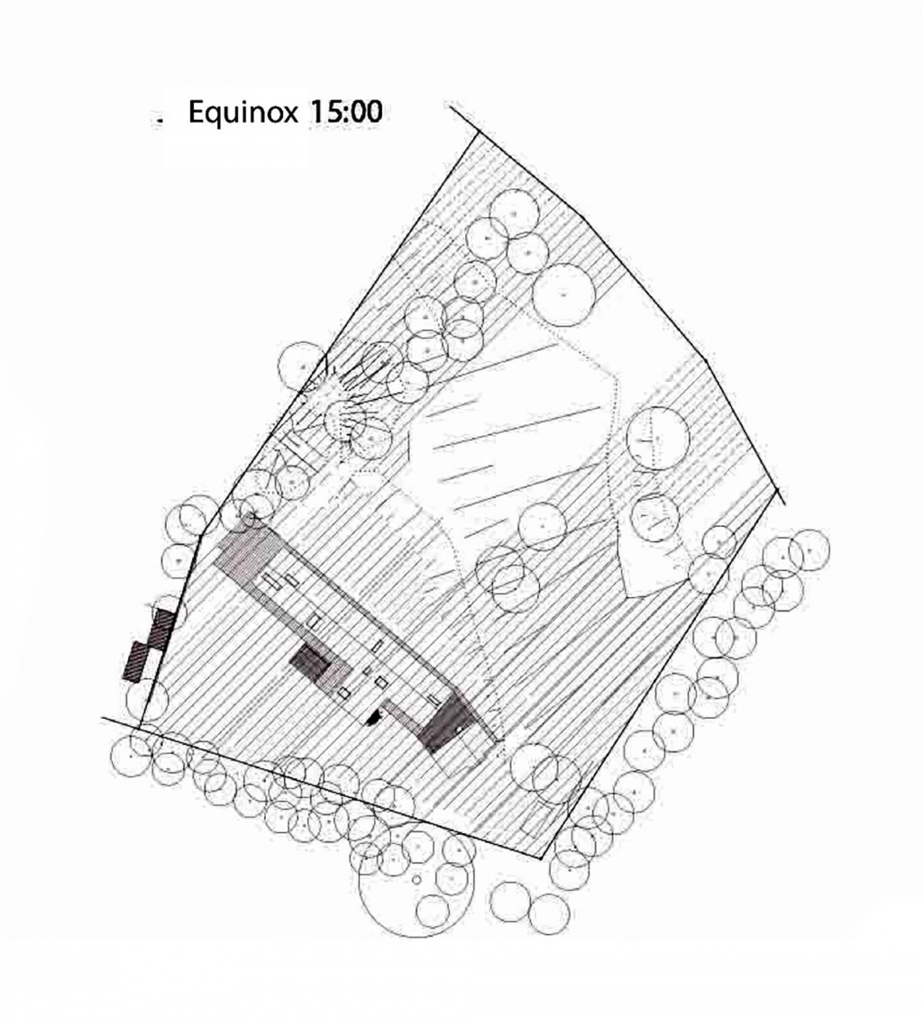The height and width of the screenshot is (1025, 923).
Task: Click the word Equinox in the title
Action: point(242,113)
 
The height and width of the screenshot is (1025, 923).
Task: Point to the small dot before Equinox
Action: point(159,121)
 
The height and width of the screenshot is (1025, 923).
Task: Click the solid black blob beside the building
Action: point(373,717)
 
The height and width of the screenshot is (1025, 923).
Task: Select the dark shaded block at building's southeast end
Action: point(446,724)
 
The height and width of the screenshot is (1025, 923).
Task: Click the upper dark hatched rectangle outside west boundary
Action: point(162,628)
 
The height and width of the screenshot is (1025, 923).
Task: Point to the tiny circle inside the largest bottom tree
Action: point(416,879)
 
